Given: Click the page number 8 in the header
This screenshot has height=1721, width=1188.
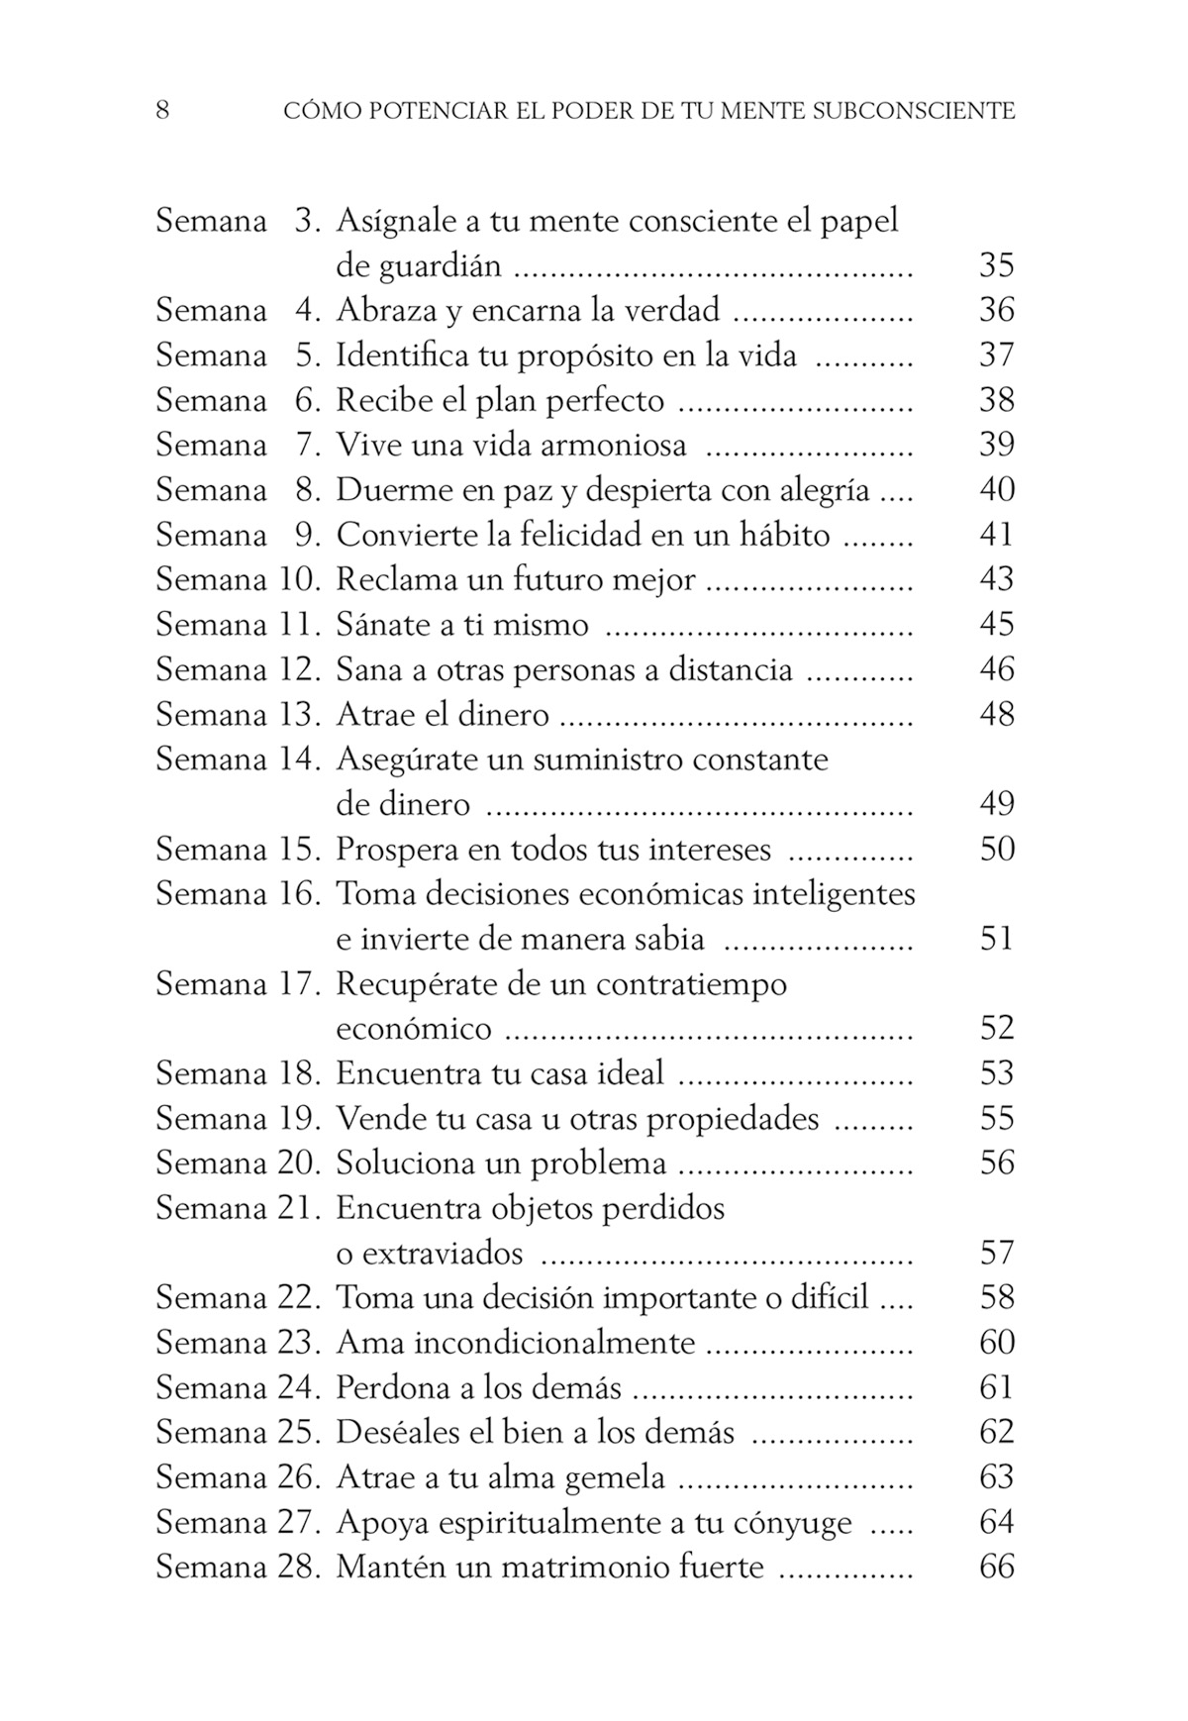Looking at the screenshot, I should tap(162, 110).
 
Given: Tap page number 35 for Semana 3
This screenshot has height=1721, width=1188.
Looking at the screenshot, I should tap(996, 265).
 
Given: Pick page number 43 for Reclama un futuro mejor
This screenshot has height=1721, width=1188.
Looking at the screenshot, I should tap(996, 579).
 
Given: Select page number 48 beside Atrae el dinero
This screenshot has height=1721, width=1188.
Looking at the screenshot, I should tap(996, 714).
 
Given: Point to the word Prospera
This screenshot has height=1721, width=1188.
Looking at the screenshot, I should tap(397, 850).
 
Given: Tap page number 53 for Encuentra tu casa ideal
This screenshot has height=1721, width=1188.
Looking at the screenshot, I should tap(996, 1073).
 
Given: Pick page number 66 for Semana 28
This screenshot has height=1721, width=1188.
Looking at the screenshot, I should tap(996, 1568).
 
